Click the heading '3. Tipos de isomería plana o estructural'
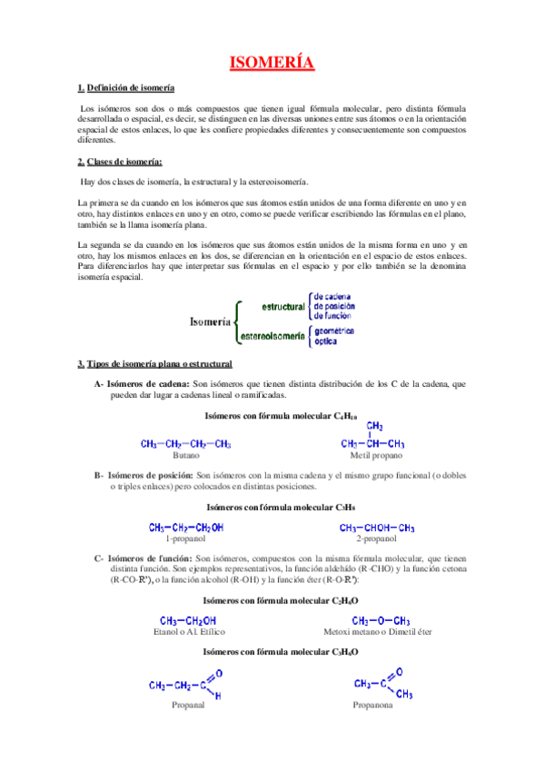tap(154, 364)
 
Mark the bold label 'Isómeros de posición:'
tap(150, 475)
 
